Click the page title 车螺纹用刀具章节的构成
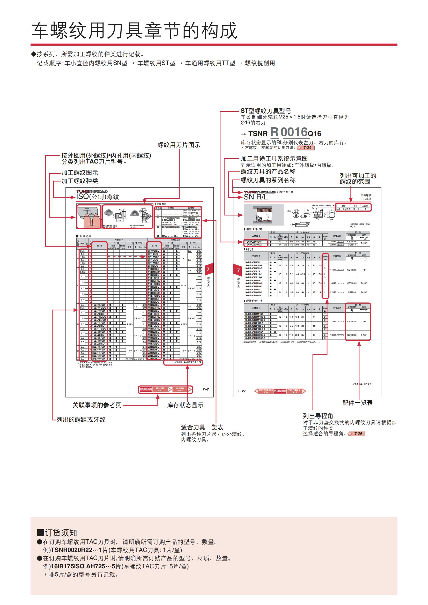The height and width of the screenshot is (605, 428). tap(134, 30)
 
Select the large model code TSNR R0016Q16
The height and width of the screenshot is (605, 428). tap(285, 132)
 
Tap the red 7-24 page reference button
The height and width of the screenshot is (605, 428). tap(306, 148)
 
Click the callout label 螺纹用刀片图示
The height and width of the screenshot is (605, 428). tap(179, 145)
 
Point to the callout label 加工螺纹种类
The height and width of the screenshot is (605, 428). tap(80, 181)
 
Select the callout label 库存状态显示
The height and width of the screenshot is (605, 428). tap(185, 405)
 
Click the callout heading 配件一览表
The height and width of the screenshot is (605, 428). tap(357, 403)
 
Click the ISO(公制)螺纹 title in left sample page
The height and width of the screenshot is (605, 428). tap(98, 197)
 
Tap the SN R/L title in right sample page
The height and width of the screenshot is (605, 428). tap(256, 197)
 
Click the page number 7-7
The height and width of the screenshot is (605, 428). tap(205, 389)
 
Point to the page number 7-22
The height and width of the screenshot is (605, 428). tap(241, 391)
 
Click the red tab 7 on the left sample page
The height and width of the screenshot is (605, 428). tap(208, 269)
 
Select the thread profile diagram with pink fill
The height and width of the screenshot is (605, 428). tap(89, 217)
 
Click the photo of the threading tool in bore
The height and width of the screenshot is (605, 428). tap(263, 215)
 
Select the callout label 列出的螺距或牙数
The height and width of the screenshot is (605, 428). tap(81, 420)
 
